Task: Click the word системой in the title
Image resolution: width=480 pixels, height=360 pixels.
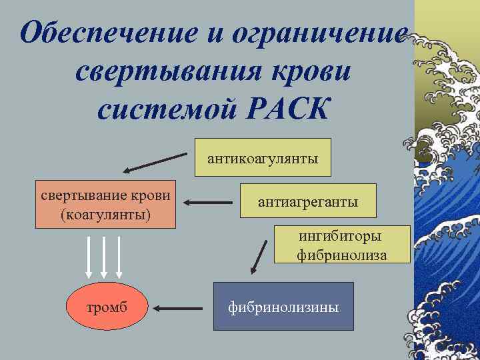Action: point(171,109)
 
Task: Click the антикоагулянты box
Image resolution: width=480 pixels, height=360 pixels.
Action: point(263,158)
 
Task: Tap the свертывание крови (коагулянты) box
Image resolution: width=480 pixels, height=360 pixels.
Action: point(106,205)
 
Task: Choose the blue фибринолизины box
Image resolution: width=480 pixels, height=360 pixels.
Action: point(283,307)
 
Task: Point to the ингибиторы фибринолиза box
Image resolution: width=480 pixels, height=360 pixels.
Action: point(342,245)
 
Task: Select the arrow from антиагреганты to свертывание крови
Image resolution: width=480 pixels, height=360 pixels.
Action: point(207,202)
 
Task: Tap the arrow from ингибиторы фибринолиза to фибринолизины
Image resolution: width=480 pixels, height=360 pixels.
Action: point(259,257)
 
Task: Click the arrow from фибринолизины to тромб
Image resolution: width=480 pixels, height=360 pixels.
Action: point(177,308)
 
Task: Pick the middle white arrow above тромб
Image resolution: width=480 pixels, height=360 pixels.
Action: point(104,256)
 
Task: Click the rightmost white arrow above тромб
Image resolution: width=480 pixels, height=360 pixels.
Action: point(119,256)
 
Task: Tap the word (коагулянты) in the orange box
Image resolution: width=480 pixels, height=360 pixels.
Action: point(105,215)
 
